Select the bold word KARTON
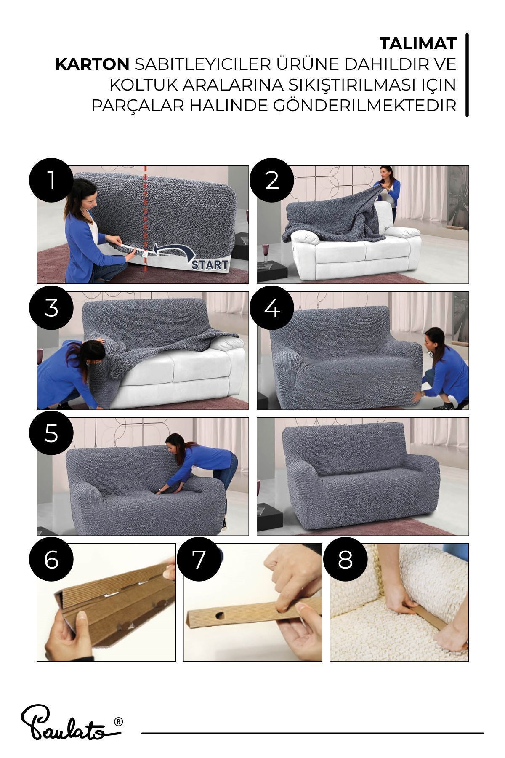point(93,64)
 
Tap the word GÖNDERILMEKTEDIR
point(365,106)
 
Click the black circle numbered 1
point(51,180)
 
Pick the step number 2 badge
point(272,180)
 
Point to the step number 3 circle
point(51,308)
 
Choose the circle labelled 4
point(272,308)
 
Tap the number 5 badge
point(51,433)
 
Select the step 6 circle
point(51,560)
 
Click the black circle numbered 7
point(199,560)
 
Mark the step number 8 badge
point(345,560)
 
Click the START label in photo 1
point(210,265)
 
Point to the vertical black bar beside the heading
point(467,75)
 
